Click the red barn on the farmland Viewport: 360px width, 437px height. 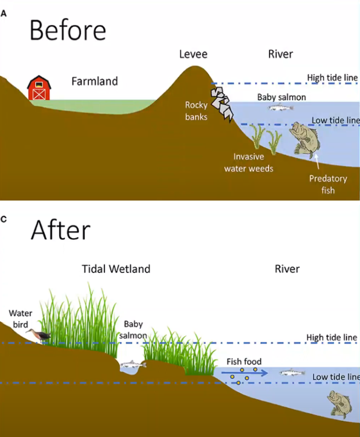39,88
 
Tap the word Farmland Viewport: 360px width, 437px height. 94,81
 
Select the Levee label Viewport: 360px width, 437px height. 193,54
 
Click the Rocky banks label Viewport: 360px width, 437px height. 196,111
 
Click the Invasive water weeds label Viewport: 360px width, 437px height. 253,162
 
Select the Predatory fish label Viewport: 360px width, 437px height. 328,184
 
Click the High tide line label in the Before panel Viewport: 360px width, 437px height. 332,78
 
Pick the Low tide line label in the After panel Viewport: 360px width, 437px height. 336,377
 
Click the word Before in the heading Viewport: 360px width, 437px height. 67,30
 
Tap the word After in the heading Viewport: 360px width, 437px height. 60,230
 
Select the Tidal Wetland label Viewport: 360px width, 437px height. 115,269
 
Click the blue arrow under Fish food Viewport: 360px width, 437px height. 246,373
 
